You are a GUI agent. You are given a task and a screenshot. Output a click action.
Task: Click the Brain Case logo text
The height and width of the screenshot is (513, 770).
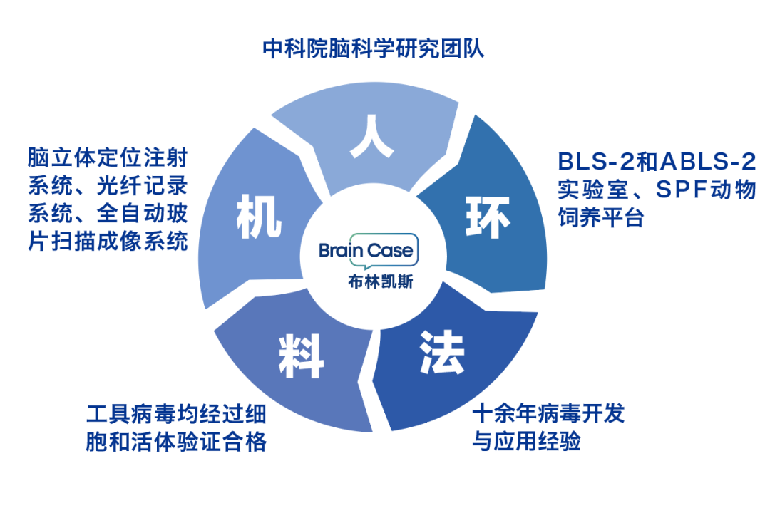[366, 250]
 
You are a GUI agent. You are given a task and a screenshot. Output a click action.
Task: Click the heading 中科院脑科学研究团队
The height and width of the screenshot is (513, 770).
[374, 49]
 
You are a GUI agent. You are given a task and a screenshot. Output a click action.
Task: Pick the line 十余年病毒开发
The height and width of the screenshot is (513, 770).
[548, 413]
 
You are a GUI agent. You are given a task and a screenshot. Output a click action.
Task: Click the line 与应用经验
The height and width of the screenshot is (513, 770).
[527, 441]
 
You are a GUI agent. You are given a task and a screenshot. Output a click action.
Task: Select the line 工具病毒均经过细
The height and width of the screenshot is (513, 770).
[176, 414]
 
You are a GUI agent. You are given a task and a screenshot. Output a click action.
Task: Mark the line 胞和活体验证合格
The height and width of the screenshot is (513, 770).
[176, 442]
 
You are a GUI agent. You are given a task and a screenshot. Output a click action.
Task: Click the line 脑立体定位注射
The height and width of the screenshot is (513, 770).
[108, 157]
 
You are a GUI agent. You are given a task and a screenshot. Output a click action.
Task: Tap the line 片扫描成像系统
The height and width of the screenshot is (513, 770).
[108, 240]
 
